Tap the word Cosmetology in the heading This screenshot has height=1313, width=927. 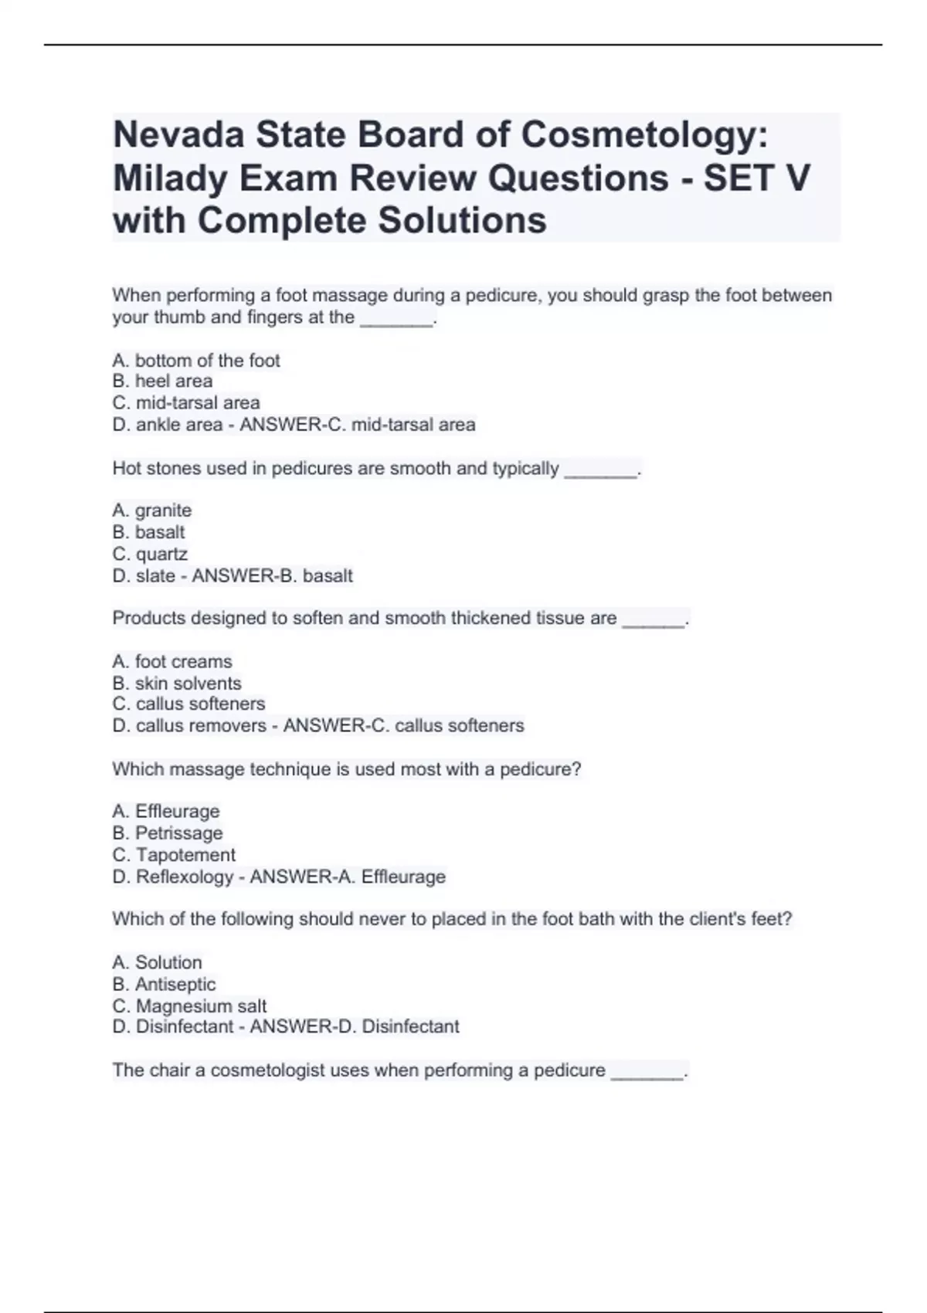pos(644,135)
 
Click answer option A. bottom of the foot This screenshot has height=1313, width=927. pos(196,361)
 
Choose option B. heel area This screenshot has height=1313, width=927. pos(162,382)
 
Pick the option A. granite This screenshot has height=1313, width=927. pos(152,511)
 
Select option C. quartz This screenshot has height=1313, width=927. pos(150,555)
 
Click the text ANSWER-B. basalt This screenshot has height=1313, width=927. pos(272,576)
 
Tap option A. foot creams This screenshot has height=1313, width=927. pos(172,662)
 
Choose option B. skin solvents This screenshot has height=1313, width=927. pos(177,684)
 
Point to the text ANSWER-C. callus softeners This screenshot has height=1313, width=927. pos(403,726)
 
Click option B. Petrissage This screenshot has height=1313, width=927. pos(168,833)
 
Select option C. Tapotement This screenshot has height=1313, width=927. pos(174,855)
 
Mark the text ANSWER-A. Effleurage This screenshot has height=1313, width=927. pos(348,877)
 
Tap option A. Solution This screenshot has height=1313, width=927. pos(157,963)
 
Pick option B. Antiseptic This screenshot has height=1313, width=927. pos(164,985)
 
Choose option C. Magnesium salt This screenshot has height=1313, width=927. pos(189,1006)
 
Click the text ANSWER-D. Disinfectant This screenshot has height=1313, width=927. pos(355,1027)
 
